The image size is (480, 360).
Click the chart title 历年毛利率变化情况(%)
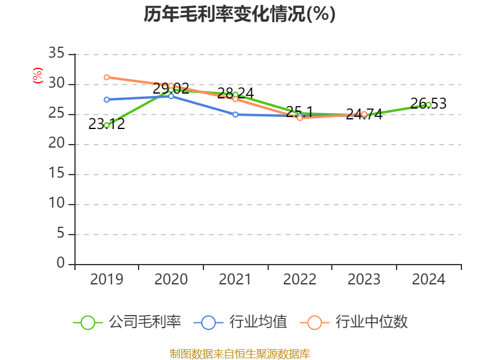click(239, 14)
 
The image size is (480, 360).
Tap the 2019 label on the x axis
click(106, 280)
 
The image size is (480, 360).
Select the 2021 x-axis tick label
click(235, 280)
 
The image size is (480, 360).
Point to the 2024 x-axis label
click(428, 280)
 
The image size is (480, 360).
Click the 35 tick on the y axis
click(56, 54)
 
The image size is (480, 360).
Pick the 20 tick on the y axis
click(56, 144)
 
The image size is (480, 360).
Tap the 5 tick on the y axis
click(61, 234)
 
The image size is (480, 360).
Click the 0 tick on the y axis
click(61, 264)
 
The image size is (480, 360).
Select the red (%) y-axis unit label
click(38, 76)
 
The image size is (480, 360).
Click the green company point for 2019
click(107, 125)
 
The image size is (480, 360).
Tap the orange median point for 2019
click(107, 77)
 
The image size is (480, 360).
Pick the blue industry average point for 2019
click(107, 100)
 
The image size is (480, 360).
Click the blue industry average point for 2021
click(235, 114)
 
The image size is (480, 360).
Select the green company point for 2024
click(428, 104)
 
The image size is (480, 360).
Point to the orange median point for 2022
click(300, 118)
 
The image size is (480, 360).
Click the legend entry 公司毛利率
click(128, 322)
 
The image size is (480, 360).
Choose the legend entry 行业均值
click(241, 322)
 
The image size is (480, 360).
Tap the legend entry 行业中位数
click(358, 322)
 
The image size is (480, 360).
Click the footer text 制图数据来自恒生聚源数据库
click(239, 353)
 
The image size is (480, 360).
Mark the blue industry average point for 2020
click(171, 96)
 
